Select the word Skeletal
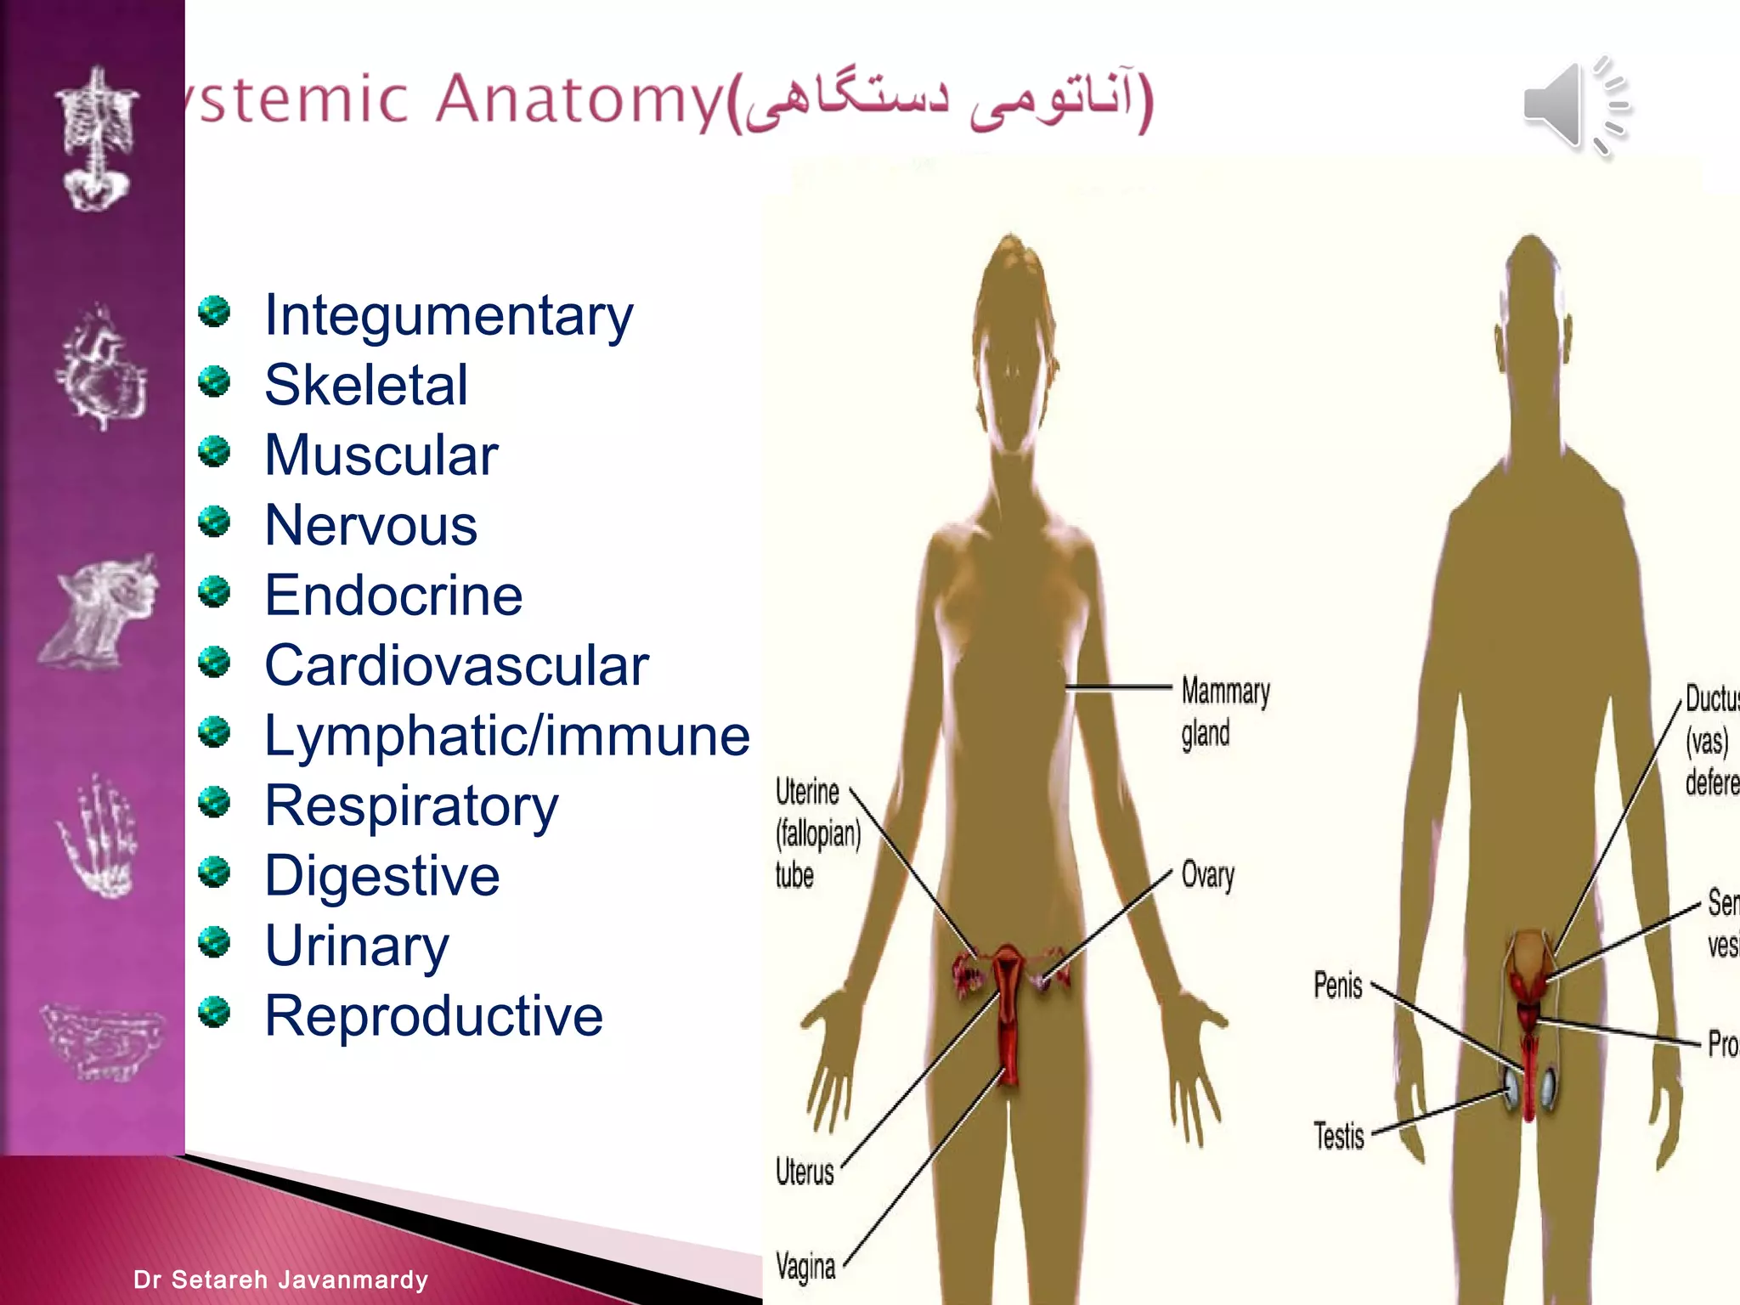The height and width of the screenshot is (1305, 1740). coord(365,386)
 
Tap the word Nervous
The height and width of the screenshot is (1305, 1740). coord(370,526)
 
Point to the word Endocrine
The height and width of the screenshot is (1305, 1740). coord(393,596)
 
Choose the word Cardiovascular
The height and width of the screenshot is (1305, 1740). coord(456,665)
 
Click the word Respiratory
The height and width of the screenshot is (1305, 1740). coord(411,806)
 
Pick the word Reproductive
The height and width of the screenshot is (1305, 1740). coord(433,1016)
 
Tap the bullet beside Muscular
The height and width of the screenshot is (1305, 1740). coord(215,451)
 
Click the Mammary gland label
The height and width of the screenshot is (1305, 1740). coord(1223,712)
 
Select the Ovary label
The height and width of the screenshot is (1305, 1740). coord(1207,875)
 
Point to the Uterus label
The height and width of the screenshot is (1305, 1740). coord(804,1172)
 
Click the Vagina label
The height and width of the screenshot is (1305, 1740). coord(805,1267)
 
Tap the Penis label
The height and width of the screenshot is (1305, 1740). coord(1337,986)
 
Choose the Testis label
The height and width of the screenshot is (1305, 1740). coord(1338,1136)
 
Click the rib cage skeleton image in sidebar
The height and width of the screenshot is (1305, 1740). coord(95,140)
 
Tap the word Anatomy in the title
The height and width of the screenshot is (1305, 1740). coord(579,100)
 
